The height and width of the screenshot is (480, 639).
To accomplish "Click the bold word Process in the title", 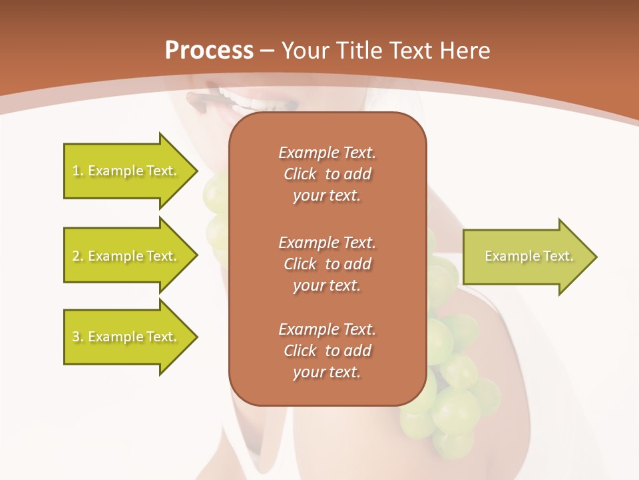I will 209,51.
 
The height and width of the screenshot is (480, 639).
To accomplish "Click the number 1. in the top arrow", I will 78,171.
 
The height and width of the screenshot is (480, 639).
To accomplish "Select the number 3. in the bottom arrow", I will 78,337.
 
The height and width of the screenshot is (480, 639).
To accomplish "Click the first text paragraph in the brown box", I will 327,174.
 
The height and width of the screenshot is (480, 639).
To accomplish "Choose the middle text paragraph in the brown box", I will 327,264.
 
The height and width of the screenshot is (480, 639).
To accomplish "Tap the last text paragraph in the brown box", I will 327,351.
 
